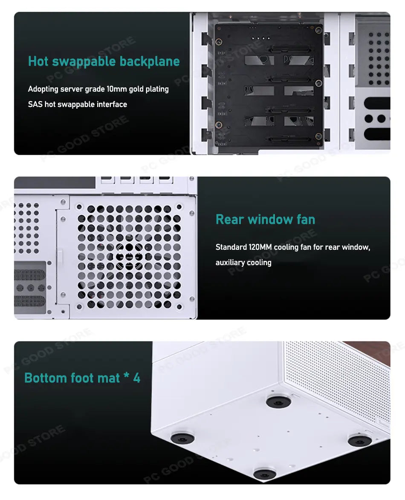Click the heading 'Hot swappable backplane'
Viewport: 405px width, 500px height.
pos(104,61)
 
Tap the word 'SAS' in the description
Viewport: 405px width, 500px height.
pos(35,104)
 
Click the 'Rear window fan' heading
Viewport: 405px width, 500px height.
pos(265,220)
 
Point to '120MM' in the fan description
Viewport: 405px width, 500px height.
pos(260,247)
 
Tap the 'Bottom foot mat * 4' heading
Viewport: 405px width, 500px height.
pos(82,378)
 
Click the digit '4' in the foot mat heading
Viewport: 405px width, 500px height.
pos(137,378)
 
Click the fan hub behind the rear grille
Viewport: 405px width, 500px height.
pos(129,256)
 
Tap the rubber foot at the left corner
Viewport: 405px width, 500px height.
pos(182,438)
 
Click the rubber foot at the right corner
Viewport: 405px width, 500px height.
pos(359,440)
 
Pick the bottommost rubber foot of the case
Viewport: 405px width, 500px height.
pos(265,474)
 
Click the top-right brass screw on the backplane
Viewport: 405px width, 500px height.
pos(318,30)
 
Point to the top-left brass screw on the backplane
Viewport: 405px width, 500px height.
pos(218,42)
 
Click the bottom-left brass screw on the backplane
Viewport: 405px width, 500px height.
pos(218,124)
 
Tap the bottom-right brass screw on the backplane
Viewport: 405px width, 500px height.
pos(318,136)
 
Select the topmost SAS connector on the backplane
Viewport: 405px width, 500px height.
pos(289,49)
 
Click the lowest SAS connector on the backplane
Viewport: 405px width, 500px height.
pos(289,139)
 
